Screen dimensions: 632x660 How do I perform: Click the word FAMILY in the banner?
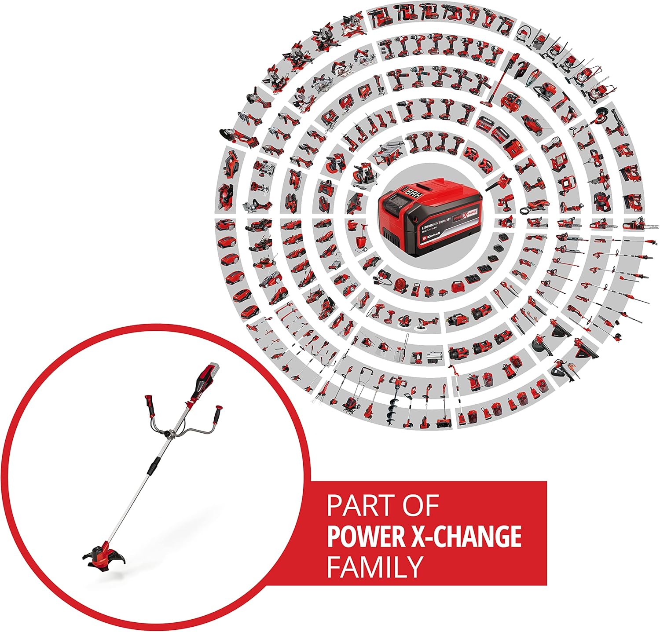[374, 566]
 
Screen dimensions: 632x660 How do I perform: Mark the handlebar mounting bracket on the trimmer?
[169, 435]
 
